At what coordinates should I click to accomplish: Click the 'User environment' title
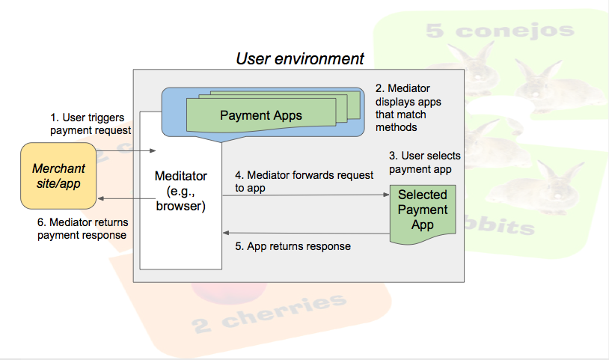click(x=300, y=58)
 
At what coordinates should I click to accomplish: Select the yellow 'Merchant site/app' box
click(x=58, y=177)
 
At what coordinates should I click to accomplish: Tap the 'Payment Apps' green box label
click(x=261, y=115)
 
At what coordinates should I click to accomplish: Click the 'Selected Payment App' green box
click(x=422, y=210)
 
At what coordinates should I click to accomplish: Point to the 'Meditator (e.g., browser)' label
click(x=180, y=191)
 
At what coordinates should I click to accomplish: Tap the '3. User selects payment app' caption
click(x=424, y=162)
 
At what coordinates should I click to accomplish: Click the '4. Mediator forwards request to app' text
click(x=304, y=181)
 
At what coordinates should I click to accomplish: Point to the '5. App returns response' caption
click(x=293, y=245)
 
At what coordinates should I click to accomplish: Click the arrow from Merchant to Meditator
click(x=125, y=151)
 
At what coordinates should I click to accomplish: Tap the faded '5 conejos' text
click(x=499, y=31)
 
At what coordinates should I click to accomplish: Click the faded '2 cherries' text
click(x=270, y=314)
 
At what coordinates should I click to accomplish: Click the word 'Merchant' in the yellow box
click(x=58, y=168)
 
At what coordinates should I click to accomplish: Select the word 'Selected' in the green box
click(x=422, y=195)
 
